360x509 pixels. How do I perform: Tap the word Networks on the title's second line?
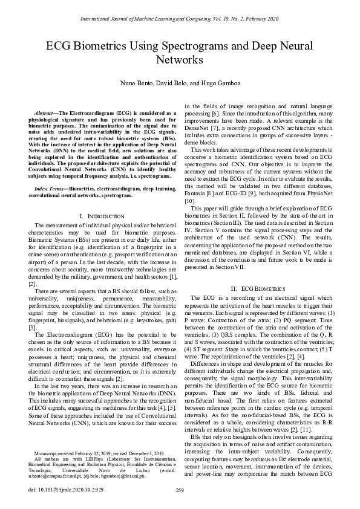180,60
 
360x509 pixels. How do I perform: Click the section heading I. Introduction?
99,216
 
